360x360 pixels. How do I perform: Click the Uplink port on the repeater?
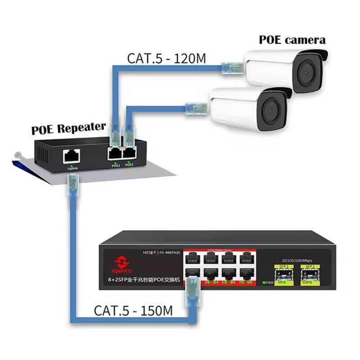(71, 156)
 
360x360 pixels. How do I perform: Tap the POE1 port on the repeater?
(114, 153)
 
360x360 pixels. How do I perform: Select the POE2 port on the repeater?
(129, 153)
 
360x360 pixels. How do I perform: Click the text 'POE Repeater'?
(68, 129)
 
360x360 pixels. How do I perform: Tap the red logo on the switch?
(121, 263)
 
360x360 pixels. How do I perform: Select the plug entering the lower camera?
(197, 108)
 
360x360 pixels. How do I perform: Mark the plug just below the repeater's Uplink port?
(72, 185)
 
